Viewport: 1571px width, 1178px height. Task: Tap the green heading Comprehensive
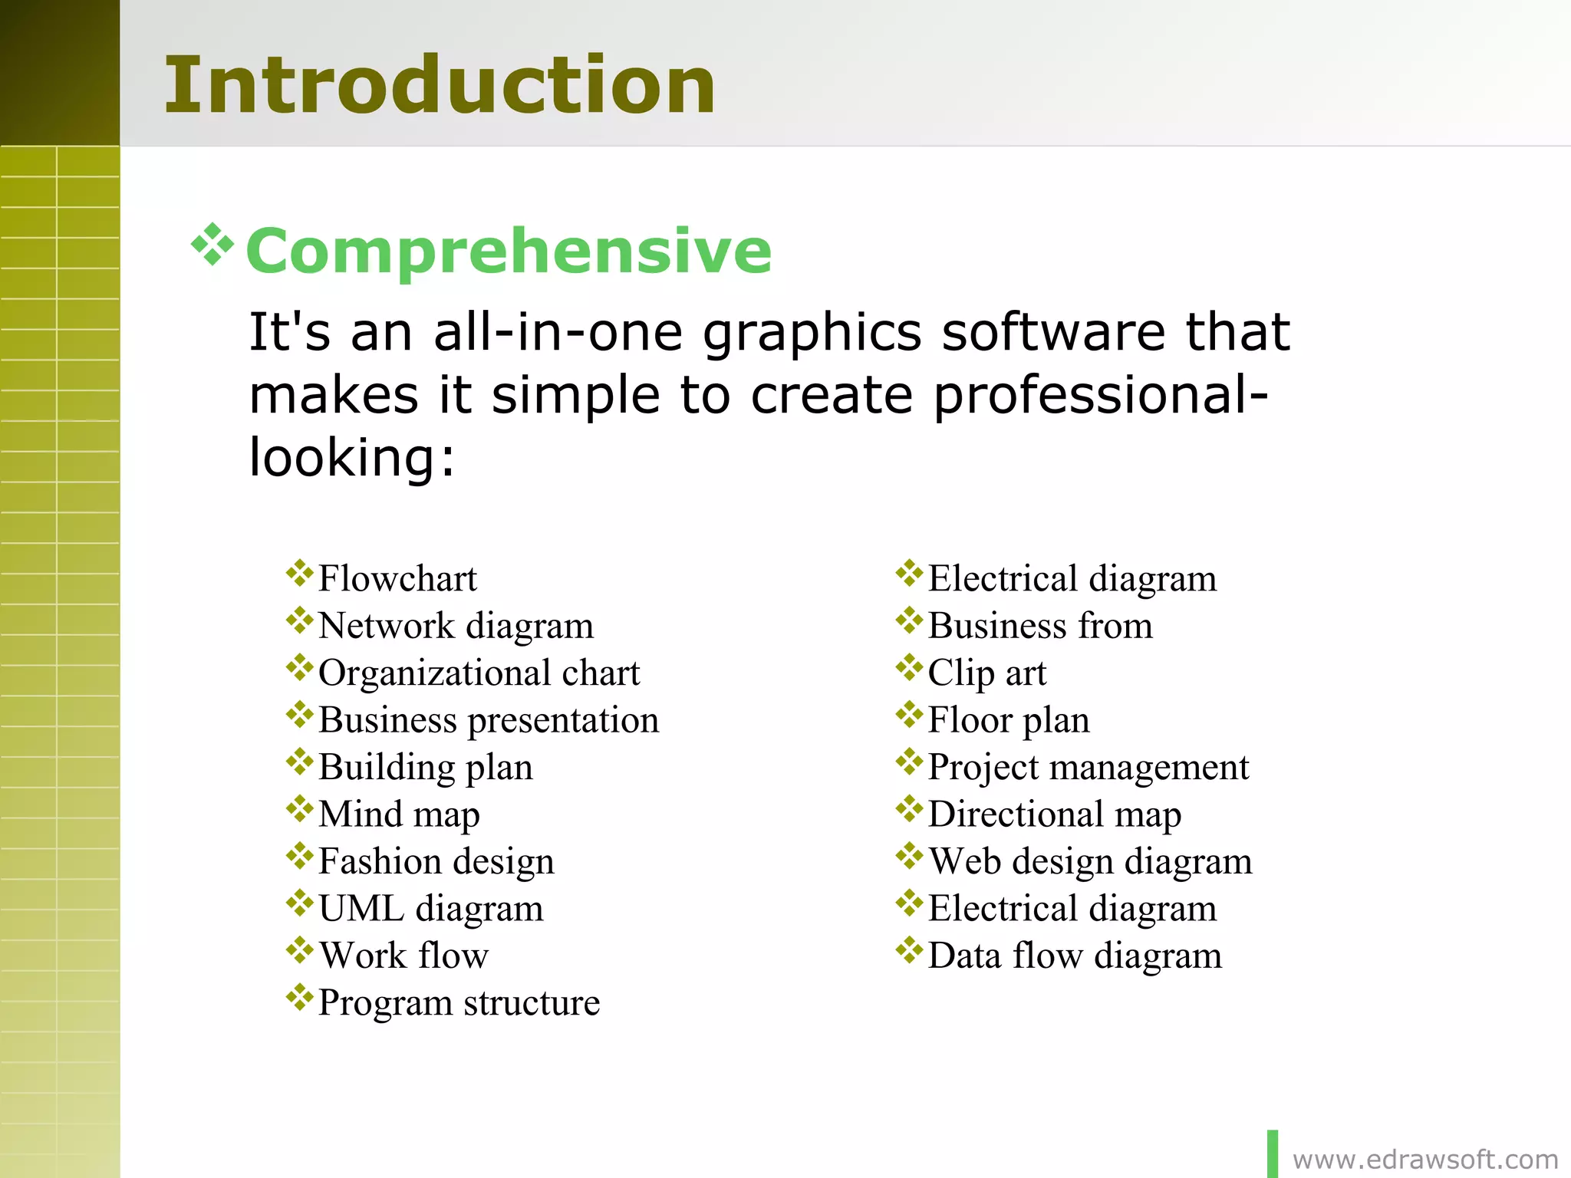pos(509,251)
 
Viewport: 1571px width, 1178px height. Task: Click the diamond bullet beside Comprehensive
pos(212,245)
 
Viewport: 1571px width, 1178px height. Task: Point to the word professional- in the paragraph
pos(1101,396)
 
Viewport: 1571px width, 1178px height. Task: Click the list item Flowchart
pos(397,578)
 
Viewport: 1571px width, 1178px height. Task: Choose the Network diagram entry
pos(456,626)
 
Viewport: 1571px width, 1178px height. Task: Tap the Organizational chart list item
pos(479,673)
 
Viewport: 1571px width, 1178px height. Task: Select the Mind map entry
pos(399,814)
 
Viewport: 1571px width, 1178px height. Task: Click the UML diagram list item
pos(430,909)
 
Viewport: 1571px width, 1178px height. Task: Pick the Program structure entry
pos(459,1003)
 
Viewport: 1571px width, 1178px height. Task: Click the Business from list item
pos(1039,626)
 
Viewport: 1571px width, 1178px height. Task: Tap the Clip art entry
pos(986,673)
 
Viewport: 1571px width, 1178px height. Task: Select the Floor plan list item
pos(1008,720)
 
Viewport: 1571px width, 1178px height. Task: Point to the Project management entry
pos(1088,768)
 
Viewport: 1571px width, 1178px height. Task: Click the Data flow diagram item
pos(1074,956)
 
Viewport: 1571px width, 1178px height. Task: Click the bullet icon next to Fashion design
pos(299,856)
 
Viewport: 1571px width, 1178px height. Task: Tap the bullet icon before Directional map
pos(909,809)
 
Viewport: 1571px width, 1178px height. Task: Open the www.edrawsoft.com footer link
pos(1424,1160)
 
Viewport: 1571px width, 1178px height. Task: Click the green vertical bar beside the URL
pos(1273,1153)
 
